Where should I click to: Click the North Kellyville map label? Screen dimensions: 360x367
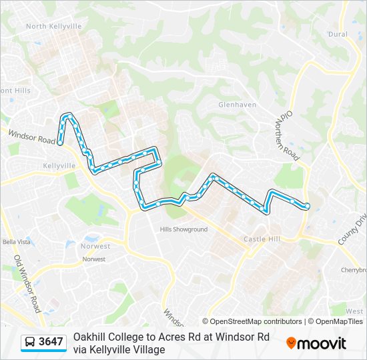click(x=53, y=26)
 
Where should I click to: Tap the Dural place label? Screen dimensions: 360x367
click(x=338, y=34)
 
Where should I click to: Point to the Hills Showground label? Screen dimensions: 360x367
click(x=183, y=229)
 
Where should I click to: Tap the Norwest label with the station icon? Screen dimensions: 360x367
click(x=97, y=246)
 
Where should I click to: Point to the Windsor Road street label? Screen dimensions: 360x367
click(x=32, y=138)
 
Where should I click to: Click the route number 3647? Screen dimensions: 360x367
click(x=51, y=342)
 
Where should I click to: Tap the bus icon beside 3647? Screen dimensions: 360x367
click(x=31, y=342)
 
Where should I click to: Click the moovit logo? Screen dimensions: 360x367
click(x=316, y=343)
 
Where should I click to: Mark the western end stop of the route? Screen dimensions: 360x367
click(x=60, y=142)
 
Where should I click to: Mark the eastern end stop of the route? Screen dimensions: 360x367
click(x=306, y=206)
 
